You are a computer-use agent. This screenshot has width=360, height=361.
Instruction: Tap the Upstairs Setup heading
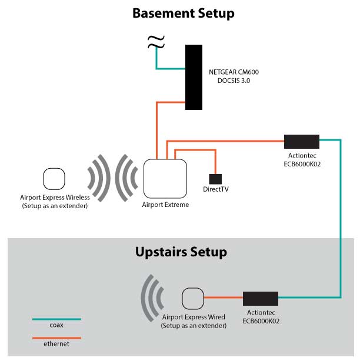point(181,252)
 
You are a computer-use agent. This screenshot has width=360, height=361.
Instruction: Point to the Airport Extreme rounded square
point(165,179)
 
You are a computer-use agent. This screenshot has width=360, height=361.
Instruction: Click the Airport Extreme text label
point(165,205)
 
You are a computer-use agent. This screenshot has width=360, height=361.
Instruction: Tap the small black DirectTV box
point(215,178)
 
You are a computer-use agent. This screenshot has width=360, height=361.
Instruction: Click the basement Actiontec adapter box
point(301,141)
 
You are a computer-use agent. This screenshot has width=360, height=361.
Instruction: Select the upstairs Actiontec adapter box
point(261,298)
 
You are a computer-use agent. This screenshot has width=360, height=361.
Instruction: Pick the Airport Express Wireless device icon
point(54,179)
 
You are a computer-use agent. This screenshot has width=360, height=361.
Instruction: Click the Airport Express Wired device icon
point(192,298)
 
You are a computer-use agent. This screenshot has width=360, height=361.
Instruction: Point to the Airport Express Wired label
point(194,321)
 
